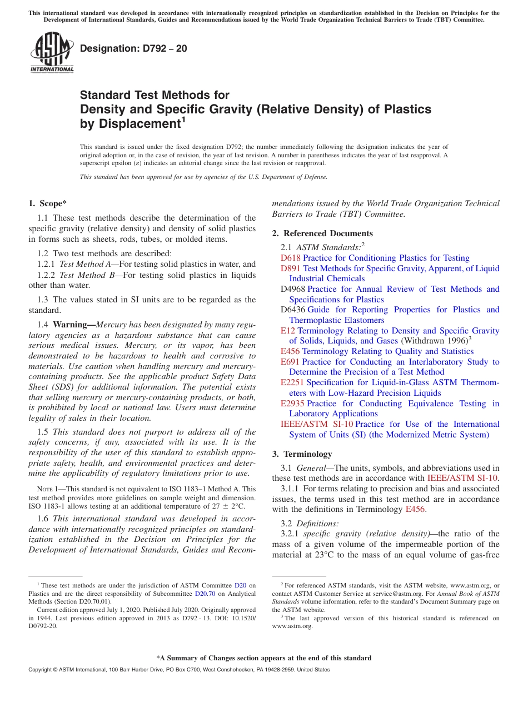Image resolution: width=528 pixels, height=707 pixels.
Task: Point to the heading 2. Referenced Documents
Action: pyautogui.click(x=322, y=233)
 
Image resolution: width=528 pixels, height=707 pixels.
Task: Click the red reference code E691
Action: pyautogui.click(x=290, y=362)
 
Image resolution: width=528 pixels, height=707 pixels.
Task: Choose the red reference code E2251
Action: pyautogui.click(x=292, y=382)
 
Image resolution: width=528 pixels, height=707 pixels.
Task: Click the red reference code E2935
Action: pyautogui.click(x=292, y=404)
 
